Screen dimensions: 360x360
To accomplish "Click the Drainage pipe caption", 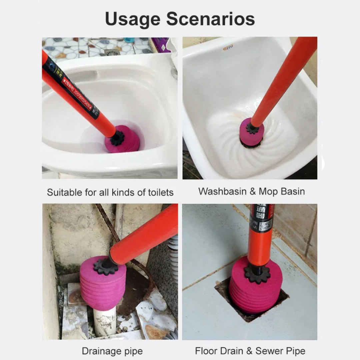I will (112, 351).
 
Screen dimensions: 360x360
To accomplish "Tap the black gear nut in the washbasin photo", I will (253, 128).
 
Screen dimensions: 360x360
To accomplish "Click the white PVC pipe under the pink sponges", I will (104, 322).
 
